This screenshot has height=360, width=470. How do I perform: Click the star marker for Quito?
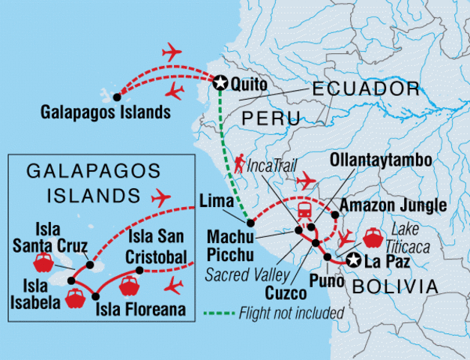[220, 83]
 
